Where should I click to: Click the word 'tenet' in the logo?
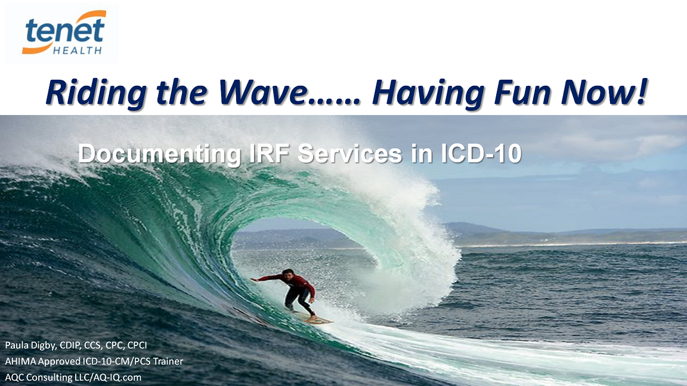pos(65,31)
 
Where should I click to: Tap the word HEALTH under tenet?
pos(78,50)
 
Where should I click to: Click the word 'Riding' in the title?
pos(96,93)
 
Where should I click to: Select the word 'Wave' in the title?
pos(262,92)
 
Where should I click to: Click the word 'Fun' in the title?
pos(522,92)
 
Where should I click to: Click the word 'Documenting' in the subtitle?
pos(159,154)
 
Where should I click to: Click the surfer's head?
pos(287,275)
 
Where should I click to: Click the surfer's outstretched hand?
pos(253,279)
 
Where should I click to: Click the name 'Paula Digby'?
pos(30,345)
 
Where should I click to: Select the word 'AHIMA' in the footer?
pos(20,361)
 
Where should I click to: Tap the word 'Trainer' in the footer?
pos(168,361)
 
